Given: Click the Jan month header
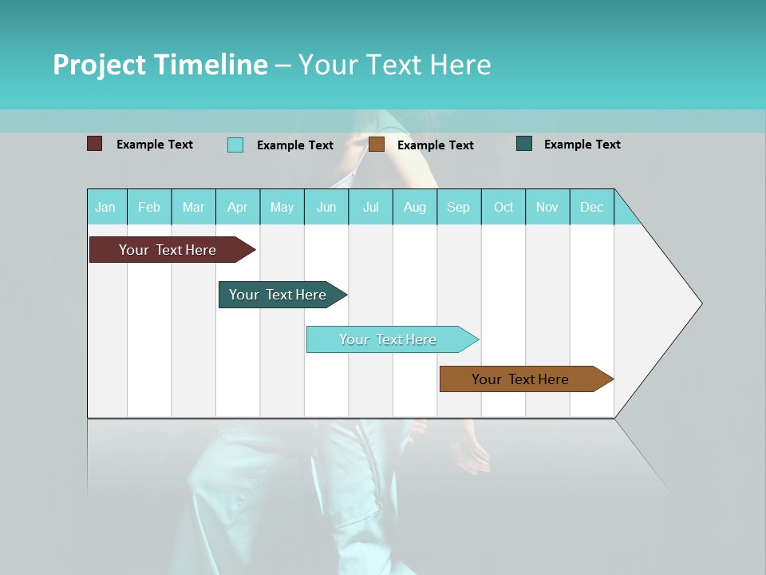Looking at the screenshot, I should pos(106,207).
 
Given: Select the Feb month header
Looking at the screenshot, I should pos(149,207).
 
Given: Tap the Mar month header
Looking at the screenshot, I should pos(193,207).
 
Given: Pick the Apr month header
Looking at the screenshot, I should pos(238,207).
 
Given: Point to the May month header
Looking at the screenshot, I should pos(282,207).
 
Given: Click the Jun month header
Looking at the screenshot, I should pos(326,207).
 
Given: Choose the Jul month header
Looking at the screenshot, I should pos(371,207).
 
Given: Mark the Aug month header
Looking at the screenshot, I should pos(415,207).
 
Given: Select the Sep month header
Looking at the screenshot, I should pos(459,207).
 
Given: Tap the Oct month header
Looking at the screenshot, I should pos(503,207).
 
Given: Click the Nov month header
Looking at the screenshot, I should pos(547,207).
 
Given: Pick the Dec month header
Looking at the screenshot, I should pos(592,207).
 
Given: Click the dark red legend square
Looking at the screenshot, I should pos(95,144).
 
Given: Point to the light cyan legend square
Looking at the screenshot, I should pos(235,145).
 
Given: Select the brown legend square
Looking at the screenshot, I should pos(377,144).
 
